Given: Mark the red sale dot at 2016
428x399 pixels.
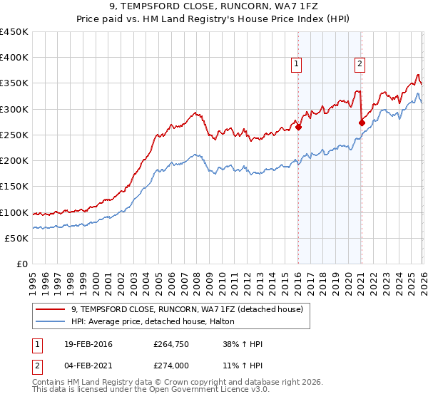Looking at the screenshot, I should (298, 128).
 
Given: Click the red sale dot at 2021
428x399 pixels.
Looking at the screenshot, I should (362, 123).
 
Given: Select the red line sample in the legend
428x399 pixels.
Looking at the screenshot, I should (51, 309).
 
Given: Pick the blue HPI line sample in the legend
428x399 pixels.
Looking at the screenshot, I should (51, 322).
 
